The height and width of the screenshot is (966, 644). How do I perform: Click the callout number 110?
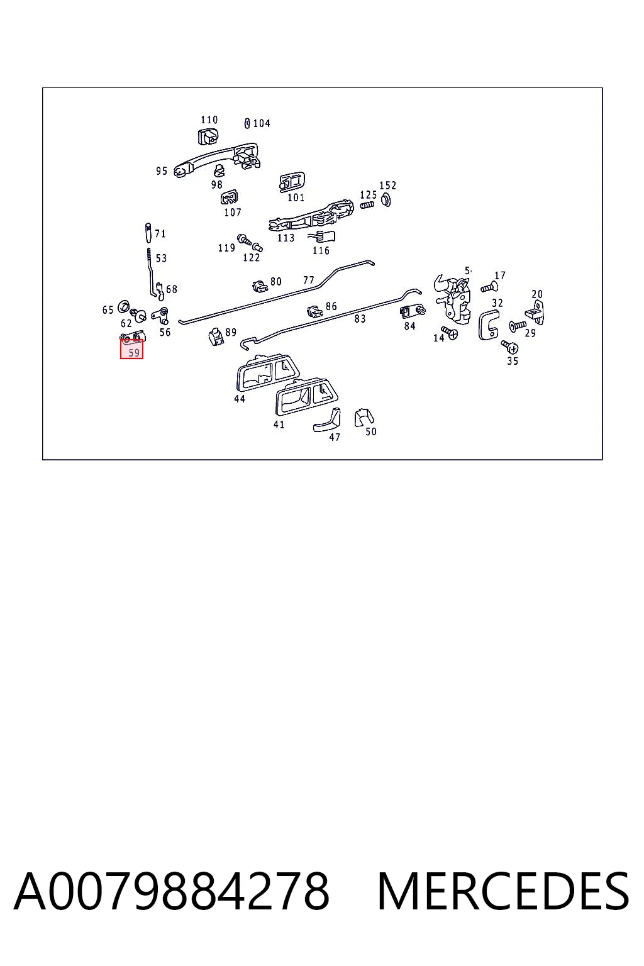click(x=209, y=119)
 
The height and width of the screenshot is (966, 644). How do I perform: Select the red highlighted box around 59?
click(x=131, y=349)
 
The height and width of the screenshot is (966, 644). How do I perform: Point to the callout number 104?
click(x=262, y=123)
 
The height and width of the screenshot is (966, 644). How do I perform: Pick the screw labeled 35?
click(x=510, y=346)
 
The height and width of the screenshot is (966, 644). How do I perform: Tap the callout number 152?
click(x=388, y=185)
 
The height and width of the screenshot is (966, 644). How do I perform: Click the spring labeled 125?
click(x=367, y=205)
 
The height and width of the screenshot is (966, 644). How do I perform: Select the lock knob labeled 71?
click(x=148, y=233)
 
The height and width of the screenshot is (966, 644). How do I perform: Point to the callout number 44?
click(x=240, y=399)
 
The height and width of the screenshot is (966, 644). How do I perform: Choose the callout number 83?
click(x=360, y=319)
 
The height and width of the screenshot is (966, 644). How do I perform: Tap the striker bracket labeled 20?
click(x=535, y=313)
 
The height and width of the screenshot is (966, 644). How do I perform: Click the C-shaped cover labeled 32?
click(x=489, y=325)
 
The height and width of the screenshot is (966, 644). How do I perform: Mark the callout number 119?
click(x=226, y=248)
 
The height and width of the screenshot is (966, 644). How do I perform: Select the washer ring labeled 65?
click(x=123, y=306)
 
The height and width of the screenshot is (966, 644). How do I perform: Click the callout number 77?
click(x=308, y=280)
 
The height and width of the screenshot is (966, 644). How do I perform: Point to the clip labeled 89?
click(x=216, y=336)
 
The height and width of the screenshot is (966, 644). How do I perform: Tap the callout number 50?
click(x=371, y=431)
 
